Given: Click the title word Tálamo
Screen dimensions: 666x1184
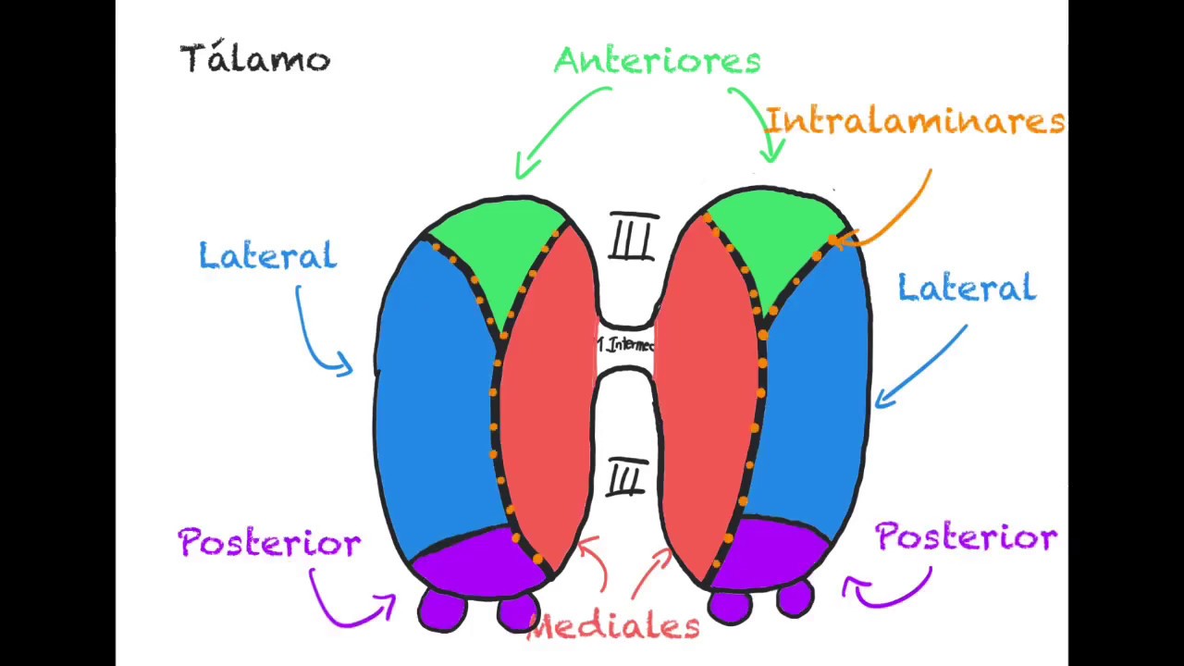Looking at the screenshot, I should [x=254, y=59].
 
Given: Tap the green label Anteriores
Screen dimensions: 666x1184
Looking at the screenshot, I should [x=657, y=61].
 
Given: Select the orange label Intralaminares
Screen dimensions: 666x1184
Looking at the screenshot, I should [x=915, y=121].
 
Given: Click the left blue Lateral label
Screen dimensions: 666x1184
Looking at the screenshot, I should [x=267, y=256].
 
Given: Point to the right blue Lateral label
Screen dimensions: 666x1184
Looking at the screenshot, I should [x=967, y=289].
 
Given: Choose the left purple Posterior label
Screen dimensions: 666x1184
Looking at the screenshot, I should [x=269, y=543].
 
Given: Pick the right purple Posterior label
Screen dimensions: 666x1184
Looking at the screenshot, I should [x=966, y=537].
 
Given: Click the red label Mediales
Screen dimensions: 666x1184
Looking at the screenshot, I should [x=613, y=626].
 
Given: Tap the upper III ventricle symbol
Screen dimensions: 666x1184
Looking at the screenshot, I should [x=634, y=238].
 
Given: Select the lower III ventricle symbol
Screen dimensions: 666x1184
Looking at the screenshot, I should [x=626, y=479].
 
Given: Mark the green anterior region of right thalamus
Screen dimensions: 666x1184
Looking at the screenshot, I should [x=775, y=236].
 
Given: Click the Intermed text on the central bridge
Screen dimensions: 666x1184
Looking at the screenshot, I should [x=626, y=345].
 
